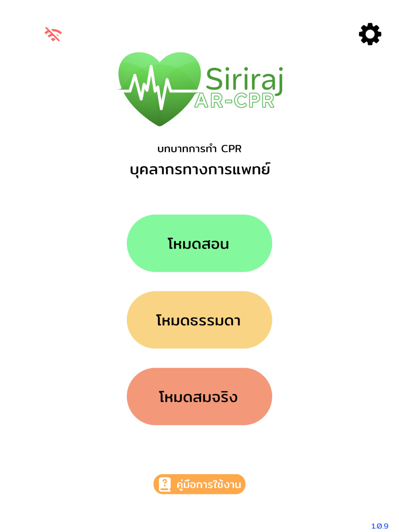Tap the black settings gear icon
tap(370, 34)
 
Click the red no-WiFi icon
tap(53, 34)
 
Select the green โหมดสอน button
tap(199, 243)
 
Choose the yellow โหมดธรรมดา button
tap(199, 320)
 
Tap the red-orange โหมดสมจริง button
tap(199, 396)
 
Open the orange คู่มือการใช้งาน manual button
tap(199, 484)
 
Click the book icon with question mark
tap(165, 484)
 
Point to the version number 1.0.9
tap(379, 526)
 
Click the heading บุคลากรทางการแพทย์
tap(200, 169)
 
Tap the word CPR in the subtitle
tap(231, 148)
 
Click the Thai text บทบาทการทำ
tap(187, 148)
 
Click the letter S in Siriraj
tap(215, 78)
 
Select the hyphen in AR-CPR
tap(229, 101)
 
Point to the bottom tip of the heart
tap(160, 126)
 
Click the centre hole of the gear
tap(370, 34)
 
